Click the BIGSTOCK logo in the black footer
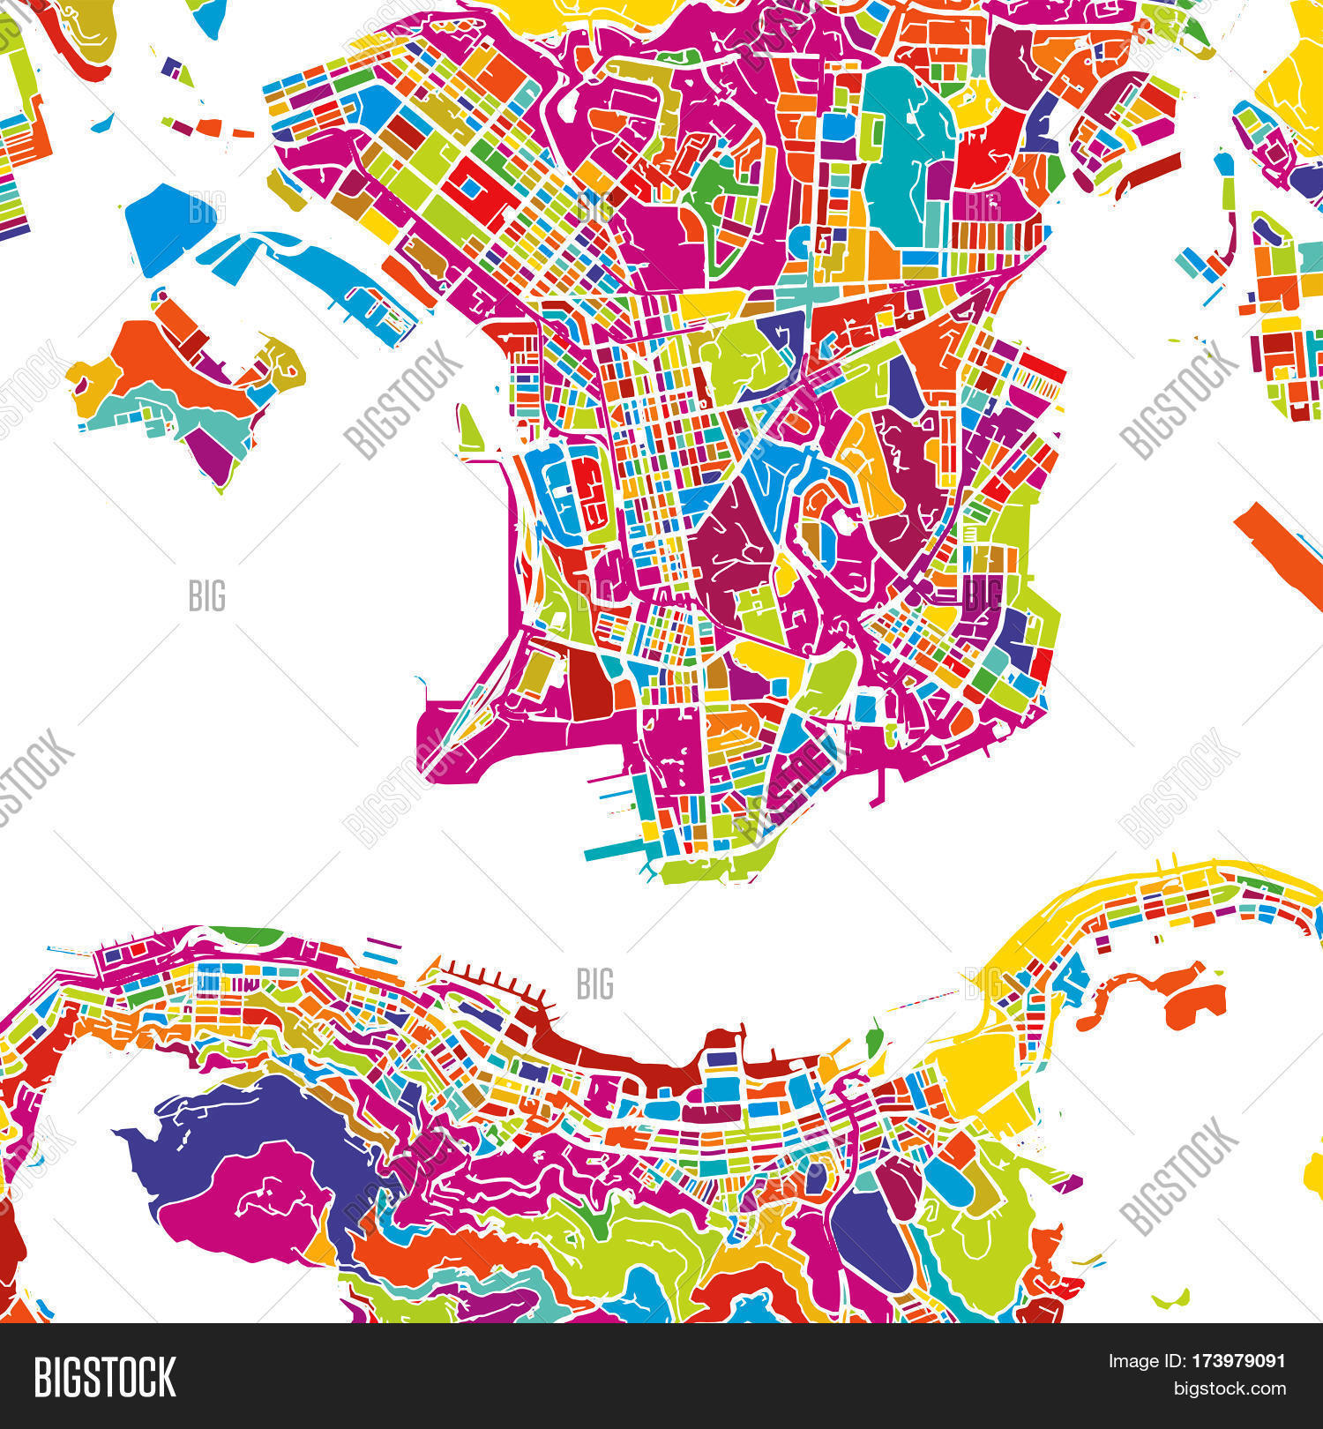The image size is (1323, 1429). pos(105,1377)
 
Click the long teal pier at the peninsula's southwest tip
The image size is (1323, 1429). pos(613,849)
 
